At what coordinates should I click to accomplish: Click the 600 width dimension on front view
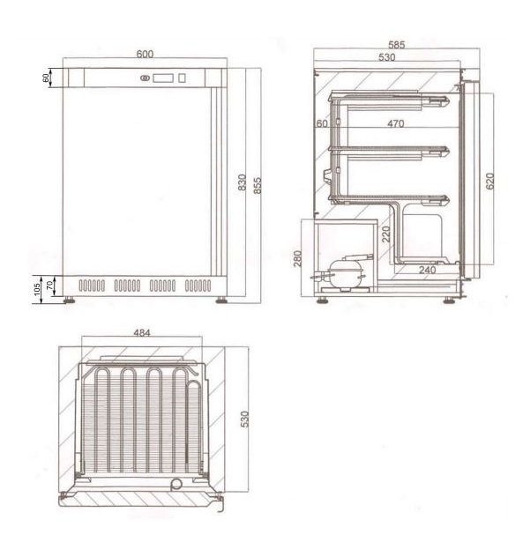(x=145, y=55)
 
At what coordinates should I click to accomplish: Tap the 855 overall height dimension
(x=258, y=186)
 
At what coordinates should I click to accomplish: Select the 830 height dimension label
(x=242, y=182)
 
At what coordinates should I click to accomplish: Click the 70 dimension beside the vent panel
(x=50, y=286)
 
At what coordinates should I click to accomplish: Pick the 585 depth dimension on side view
(x=396, y=45)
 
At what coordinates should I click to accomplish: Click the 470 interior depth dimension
(x=395, y=123)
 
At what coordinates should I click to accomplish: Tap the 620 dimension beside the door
(x=489, y=182)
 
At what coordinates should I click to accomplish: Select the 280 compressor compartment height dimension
(x=297, y=258)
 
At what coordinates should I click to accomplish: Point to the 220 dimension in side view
(x=385, y=234)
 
